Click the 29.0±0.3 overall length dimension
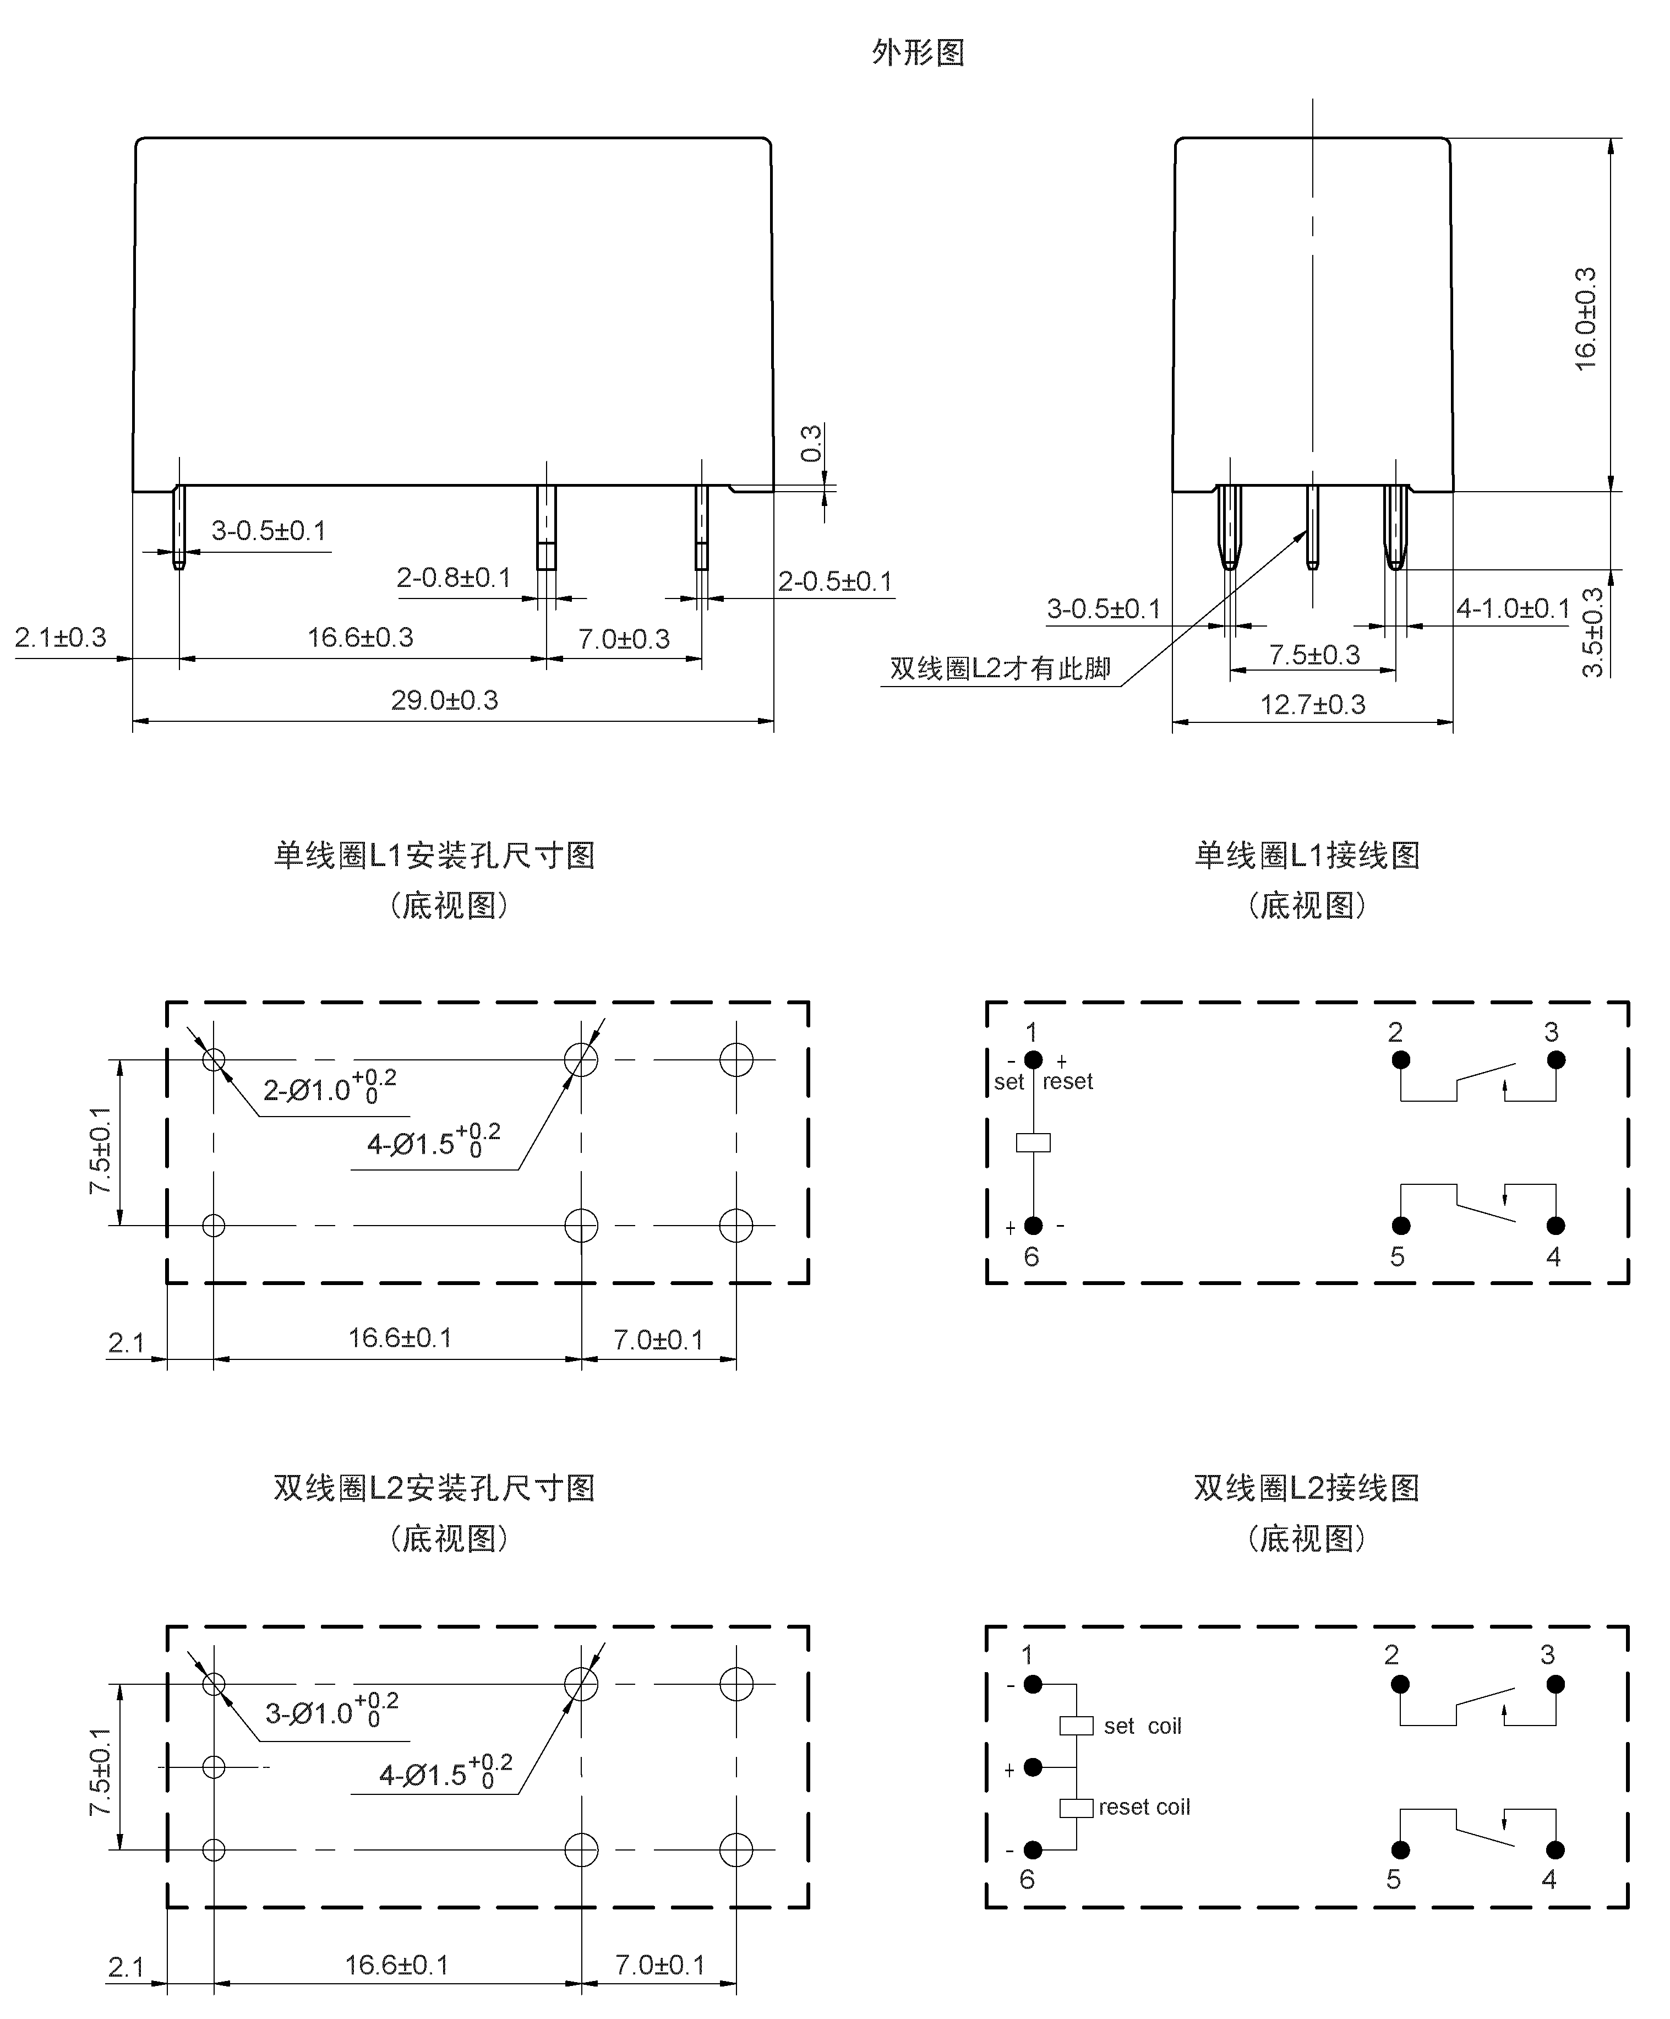pyautogui.click(x=444, y=700)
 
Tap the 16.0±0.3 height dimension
pyautogui.click(x=1585, y=319)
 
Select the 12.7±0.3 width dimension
pyautogui.click(x=1312, y=705)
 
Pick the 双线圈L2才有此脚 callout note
pyautogui.click(x=1000, y=668)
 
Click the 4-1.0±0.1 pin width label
pyautogui.click(x=1513, y=608)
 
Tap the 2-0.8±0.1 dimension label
pyautogui.click(x=454, y=578)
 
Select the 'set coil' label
pyautogui.click(x=1142, y=1726)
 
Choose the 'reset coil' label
pyautogui.click(x=1144, y=1806)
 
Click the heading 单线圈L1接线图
pyautogui.click(x=1307, y=855)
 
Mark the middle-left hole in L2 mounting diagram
pyautogui.click(x=214, y=1767)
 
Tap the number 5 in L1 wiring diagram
pyautogui.click(x=1397, y=1256)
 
